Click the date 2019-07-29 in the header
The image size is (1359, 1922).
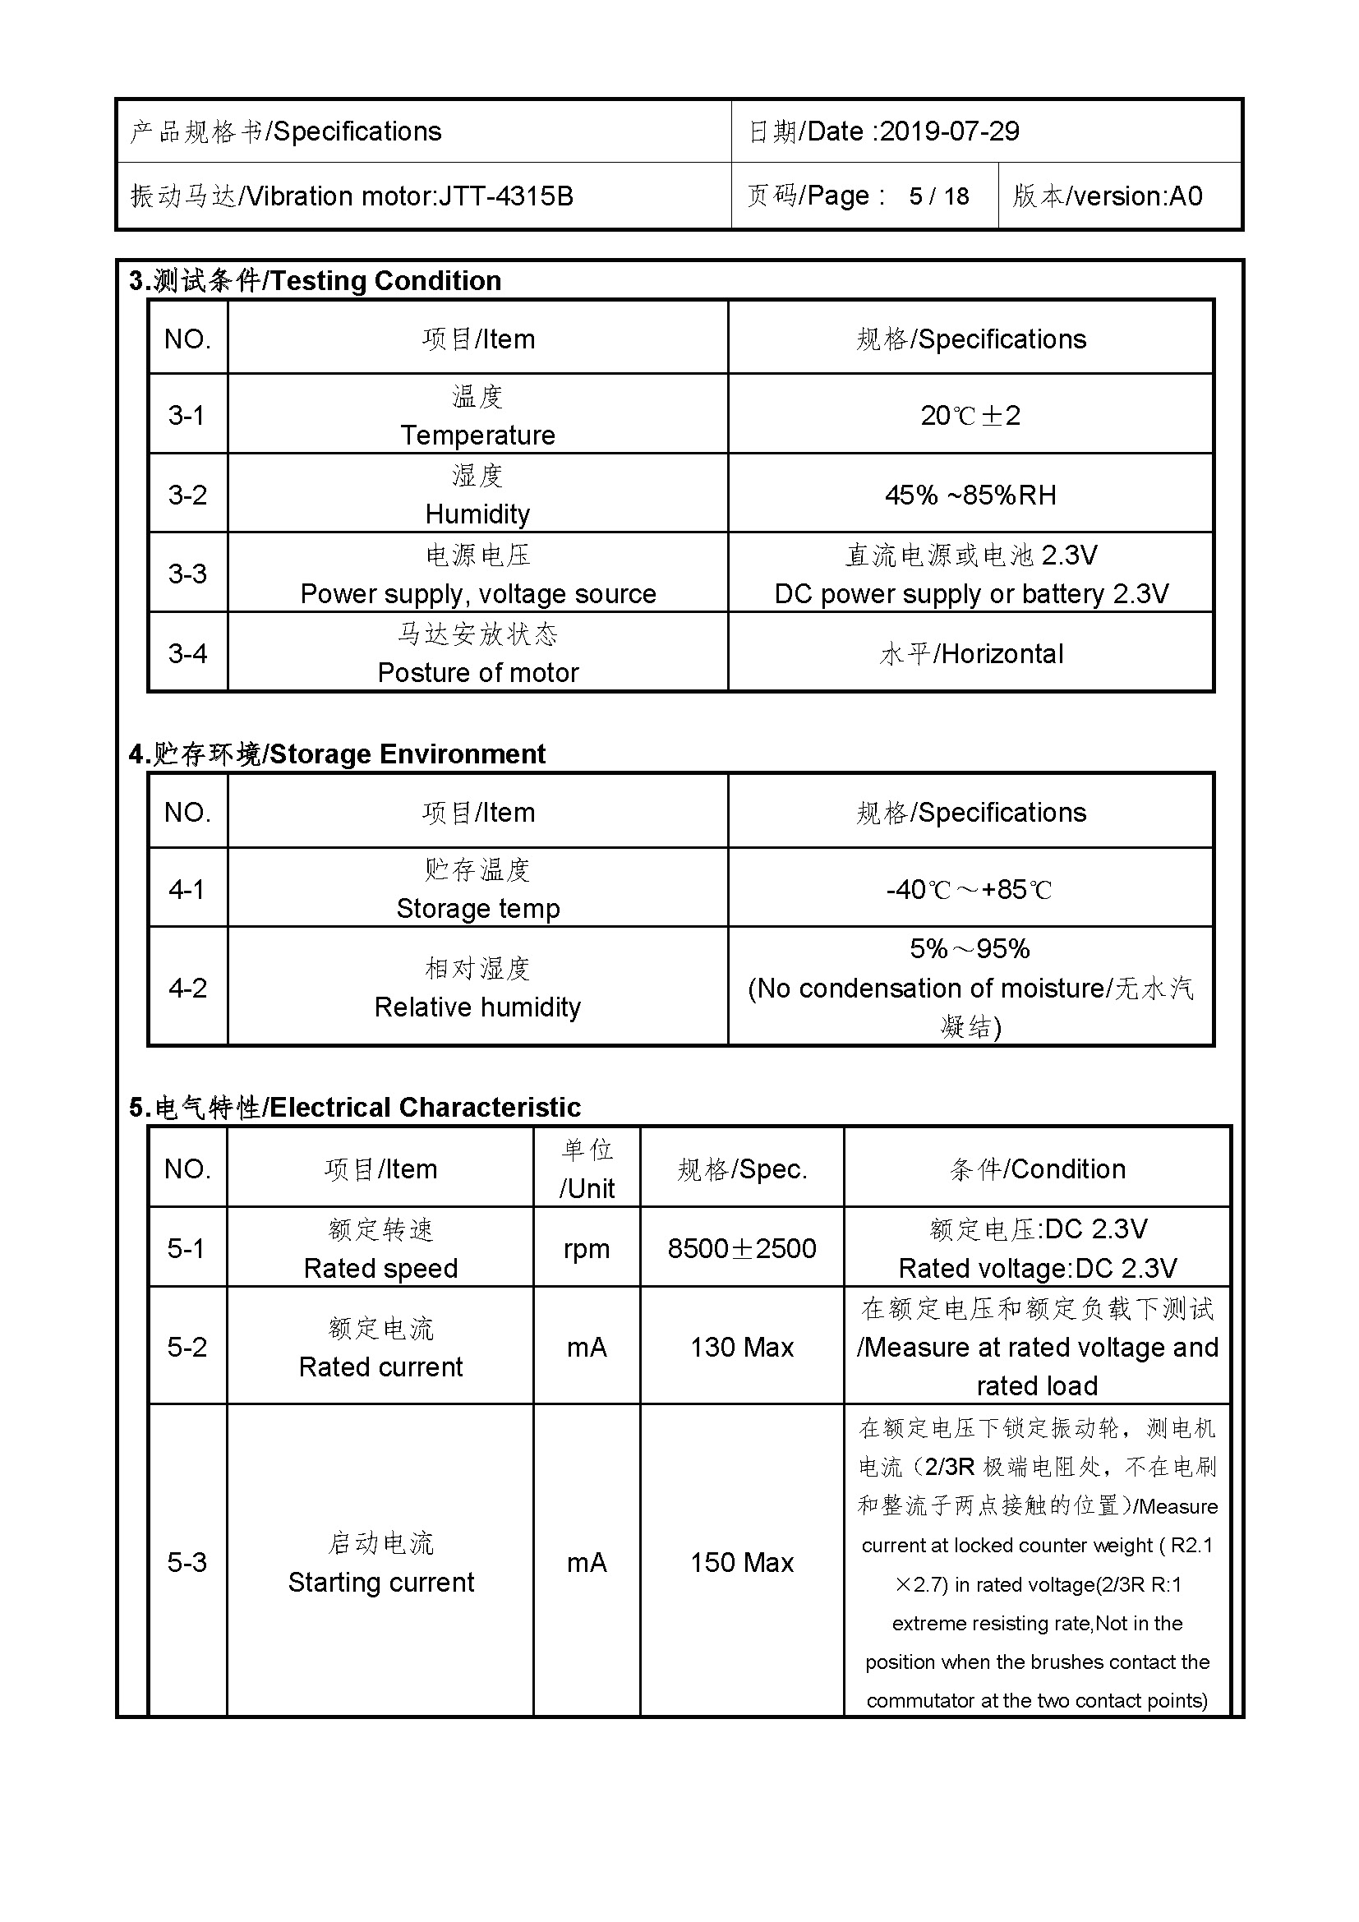pyautogui.click(x=949, y=131)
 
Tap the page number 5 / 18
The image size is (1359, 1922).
pyautogui.click(x=939, y=196)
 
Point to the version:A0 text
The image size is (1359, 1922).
pyautogui.click(x=1136, y=196)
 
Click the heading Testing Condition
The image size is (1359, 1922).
pyautogui.click(x=385, y=280)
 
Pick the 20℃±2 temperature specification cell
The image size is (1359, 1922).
pyautogui.click(x=970, y=415)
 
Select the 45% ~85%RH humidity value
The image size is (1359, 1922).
pyautogui.click(x=970, y=495)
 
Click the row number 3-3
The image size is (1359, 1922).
pyautogui.click(x=187, y=574)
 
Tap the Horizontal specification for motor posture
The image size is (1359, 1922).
pyautogui.click(x=1002, y=654)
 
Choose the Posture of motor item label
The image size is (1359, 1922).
pyautogui.click(x=478, y=672)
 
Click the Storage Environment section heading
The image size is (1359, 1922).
pyautogui.click(x=407, y=754)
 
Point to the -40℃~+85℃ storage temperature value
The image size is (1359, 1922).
pyautogui.click(x=969, y=889)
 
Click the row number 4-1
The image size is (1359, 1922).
pyautogui.click(x=187, y=889)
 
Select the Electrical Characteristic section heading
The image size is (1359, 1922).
pyautogui.click(x=424, y=1107)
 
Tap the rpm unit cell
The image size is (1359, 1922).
pyautogui.click(x=586, y=1248)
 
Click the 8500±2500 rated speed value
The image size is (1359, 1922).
pyautogui.click(x=741, y=1248)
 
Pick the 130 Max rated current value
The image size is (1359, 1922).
pyautogui.click(x=741, y=1347)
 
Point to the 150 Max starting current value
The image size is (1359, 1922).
pyautogui.click(x=741, y=1562)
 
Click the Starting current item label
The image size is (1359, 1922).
pyautogui.click(x=380, y=1582)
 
